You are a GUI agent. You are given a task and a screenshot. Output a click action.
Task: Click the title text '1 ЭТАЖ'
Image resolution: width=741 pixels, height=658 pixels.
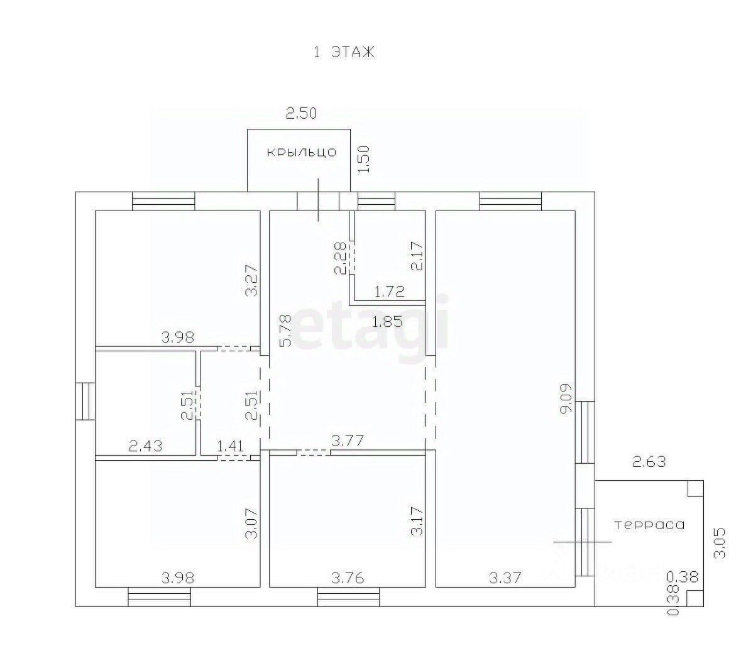click(x=344, y=52)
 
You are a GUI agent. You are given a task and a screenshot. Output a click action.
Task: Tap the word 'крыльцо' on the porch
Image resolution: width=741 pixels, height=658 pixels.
click(x=302, y=153)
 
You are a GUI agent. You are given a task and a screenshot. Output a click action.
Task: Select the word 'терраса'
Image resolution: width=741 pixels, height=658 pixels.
click(x=649, y=525)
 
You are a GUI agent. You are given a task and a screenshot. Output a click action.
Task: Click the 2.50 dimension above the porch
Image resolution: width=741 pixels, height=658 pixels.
click(x=301, y=114)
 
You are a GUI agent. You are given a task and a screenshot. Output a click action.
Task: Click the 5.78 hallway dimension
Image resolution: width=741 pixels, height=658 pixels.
click(x=285, y=331)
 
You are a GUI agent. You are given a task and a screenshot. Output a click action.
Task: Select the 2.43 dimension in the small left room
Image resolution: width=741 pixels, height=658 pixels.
click(x=146, y=446)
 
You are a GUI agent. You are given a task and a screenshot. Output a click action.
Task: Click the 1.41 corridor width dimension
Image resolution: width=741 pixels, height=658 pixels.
click(x=230, y=446)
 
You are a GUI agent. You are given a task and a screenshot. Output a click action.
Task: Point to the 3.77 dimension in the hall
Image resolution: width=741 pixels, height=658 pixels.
click(x=348, y=441)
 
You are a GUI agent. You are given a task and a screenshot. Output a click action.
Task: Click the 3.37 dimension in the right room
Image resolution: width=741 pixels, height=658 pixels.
click(x=505, y=578)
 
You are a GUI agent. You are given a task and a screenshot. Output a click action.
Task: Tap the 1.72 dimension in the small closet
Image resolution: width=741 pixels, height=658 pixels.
click(x=390, y=291)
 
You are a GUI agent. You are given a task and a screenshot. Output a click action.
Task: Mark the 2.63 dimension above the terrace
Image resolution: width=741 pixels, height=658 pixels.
click(x=649, y=461)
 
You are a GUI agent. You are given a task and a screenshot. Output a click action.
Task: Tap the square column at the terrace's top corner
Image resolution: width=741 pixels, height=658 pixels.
click(x=695, y=488)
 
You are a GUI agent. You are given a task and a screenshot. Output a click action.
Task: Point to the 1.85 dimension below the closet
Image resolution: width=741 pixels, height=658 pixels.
click(x=388, y=322)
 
